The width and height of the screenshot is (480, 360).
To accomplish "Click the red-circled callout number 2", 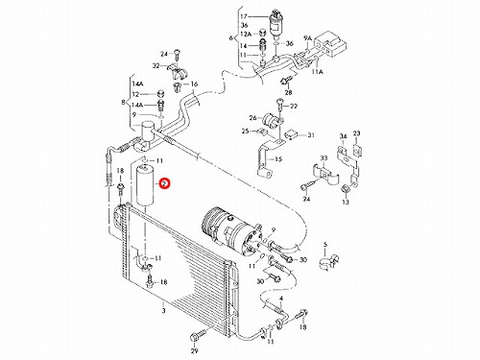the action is tap(164, 184).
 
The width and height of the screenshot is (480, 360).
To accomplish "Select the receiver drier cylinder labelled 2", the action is tap(146, 185).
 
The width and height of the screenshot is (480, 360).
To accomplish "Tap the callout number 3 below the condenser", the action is tap(163, 310).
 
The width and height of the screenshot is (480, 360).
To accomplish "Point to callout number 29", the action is tap(195, 351).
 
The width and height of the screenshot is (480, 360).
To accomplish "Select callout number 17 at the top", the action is tap(252, 16).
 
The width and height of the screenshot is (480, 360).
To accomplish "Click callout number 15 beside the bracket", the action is tap(278, 158).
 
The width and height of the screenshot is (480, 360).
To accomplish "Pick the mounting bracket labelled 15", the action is tap(266, 159).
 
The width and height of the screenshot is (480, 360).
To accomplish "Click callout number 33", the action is tap(324, 158).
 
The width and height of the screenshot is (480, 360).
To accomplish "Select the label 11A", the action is tap(318, 72).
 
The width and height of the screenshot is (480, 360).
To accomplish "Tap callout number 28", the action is tap(288, 93).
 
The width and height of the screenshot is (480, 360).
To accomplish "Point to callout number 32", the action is tap(156, 66).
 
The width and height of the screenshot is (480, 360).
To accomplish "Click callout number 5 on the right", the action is tap(325, 245).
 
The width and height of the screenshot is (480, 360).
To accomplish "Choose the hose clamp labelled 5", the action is tap(328, 261).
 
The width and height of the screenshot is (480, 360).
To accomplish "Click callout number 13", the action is tap(346, 202).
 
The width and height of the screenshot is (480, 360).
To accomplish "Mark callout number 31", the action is tap(311, 135).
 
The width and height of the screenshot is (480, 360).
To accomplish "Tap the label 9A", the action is tap(307, 38).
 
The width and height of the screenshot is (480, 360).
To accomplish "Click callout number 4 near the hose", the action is tap(281, 299).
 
